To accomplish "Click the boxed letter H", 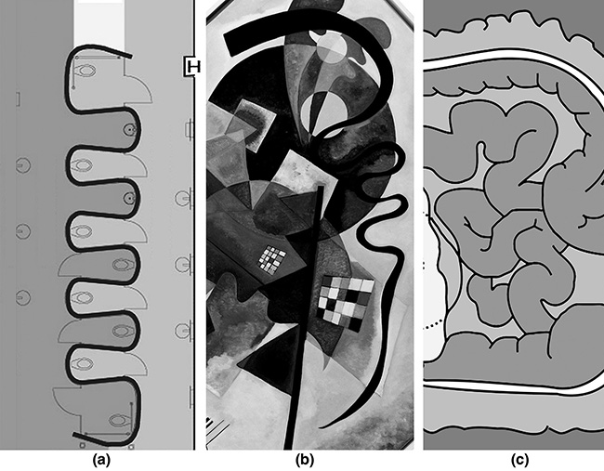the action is [x=191, y=67].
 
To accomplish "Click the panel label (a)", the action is [x=101, y=460].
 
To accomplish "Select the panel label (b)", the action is [x=305, y=460].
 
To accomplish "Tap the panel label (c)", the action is [x=520, y=460].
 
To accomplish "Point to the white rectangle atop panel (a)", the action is [x=99, y=23].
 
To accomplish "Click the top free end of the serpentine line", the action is [x=131, y=57].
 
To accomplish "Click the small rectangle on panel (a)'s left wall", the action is [x=18, y=99].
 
